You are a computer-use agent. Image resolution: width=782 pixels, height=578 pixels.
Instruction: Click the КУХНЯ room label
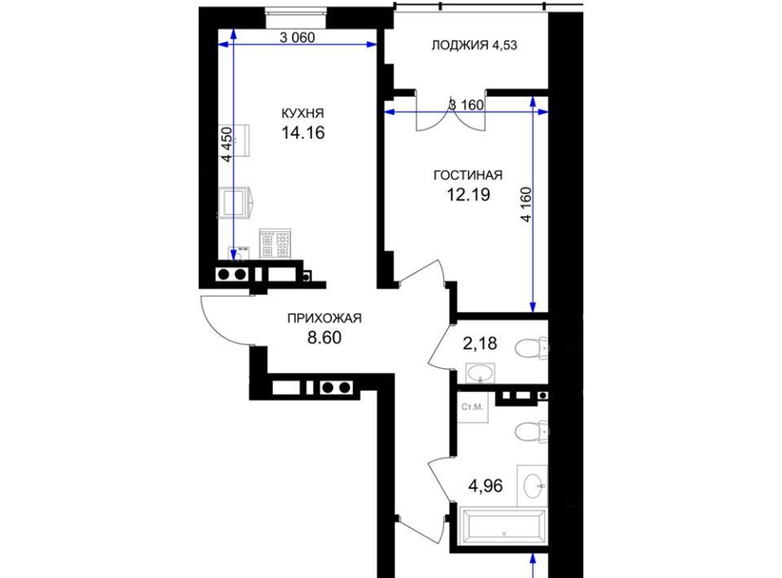point(303,112)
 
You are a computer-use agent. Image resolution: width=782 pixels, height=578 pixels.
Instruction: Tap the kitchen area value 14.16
point(303,133)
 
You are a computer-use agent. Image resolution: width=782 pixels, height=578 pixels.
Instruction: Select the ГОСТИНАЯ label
point(468,175)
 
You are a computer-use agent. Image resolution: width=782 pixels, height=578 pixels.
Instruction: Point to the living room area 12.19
point(468,195)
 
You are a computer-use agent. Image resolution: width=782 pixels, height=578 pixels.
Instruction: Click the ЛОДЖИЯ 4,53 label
point(474,46)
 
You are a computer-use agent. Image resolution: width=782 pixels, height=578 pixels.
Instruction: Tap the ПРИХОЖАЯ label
point(324,317)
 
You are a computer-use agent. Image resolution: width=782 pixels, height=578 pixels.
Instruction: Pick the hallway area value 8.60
point(324,338)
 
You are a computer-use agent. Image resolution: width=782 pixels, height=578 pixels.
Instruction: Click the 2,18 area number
point(480,344)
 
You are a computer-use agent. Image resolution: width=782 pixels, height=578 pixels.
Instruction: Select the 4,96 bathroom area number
point(485,485)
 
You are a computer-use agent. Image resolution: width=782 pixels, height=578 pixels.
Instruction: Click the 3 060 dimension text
point(297,37)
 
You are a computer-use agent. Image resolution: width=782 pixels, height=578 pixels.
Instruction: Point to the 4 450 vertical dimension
point(226,145)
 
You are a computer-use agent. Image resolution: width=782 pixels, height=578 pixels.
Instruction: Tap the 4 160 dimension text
point(525,204)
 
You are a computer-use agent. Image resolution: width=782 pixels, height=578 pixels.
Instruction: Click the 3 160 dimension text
point(466,105)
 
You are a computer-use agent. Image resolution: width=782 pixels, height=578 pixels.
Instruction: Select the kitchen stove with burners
point(275,243)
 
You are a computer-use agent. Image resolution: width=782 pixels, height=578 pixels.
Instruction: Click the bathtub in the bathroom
point(503,526)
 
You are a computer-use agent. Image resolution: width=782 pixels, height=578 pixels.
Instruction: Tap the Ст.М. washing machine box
point(472,407)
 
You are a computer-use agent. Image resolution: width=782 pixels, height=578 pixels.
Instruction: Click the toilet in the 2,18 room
point(530,348)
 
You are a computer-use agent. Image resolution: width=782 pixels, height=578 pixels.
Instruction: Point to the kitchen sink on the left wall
point(235,202)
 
